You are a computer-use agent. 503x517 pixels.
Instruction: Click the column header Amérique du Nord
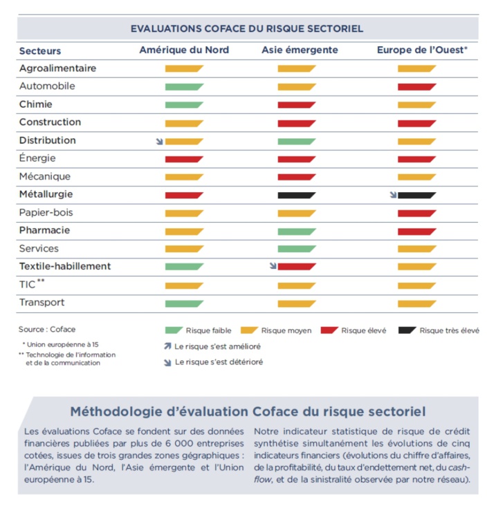(184, 50)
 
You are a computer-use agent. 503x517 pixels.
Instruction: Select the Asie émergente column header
(300, 50)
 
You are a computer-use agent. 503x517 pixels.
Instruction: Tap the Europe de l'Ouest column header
(422, 50)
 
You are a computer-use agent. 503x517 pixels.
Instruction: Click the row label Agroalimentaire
(57, 68)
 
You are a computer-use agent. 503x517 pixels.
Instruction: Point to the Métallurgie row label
(46, 195)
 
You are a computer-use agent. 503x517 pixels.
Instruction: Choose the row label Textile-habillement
(65, 267)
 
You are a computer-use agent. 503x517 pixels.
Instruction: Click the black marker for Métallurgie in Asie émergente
(297, 195)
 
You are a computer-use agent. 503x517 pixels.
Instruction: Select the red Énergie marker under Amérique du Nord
(184, 159)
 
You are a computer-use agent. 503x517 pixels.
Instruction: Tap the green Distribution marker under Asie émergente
(297, 141)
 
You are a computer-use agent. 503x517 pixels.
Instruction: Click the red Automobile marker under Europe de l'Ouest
(417, 86)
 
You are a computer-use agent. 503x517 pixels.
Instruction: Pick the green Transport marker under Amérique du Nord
(184, 303)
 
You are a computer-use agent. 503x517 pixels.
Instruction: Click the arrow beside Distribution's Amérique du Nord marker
(160, 141)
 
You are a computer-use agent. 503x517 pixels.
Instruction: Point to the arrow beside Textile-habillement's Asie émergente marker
(273, 266)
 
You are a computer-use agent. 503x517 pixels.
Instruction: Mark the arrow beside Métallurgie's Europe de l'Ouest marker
(393, 195)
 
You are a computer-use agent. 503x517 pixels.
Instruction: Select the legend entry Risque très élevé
(449, 330)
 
